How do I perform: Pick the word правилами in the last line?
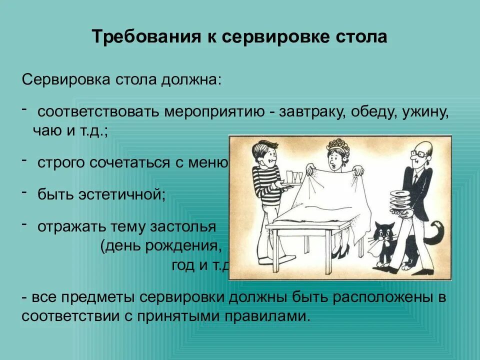[x=266, y=316]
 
